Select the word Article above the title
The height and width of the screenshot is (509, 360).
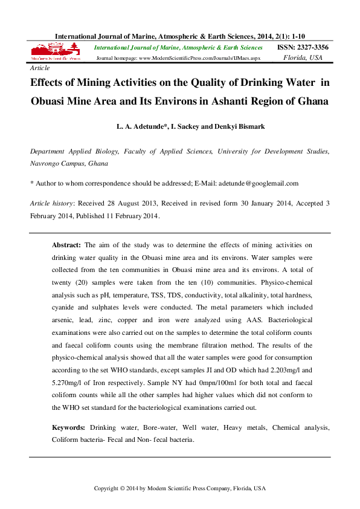click(40, 70)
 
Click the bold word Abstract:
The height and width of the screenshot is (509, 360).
click(66, 245)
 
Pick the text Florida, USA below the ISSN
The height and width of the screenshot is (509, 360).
click(303, 58)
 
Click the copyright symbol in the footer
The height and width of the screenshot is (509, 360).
click(122, 488)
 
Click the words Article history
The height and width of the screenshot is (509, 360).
click(51, 204)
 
